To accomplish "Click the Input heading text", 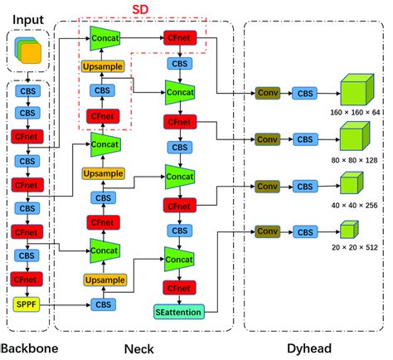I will click(27, 17).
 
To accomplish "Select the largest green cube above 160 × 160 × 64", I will click(357, 89).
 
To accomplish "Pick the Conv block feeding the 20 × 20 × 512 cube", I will click(267, 231).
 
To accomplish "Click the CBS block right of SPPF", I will click(103, 304).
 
